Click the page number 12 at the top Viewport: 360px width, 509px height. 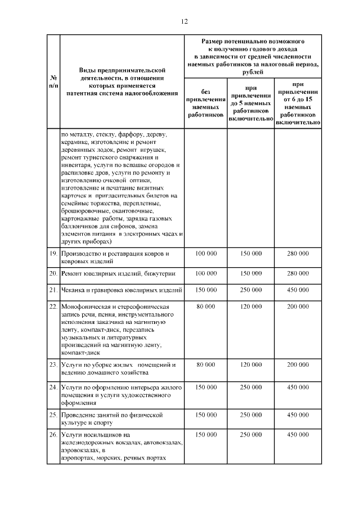click(183, 21)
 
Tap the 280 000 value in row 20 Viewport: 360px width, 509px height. click(298, 273)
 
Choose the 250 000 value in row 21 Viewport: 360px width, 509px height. click(251, 290)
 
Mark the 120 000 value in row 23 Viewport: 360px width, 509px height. click(251, 364)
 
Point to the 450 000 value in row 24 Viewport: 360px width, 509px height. click(298, 388)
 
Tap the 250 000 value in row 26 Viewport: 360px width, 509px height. click(251, 435)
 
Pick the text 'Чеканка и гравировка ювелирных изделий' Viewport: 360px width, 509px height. click(120, 290)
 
